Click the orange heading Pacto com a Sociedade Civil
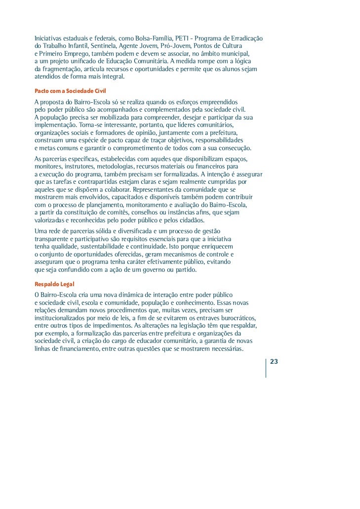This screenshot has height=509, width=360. click(70, 91)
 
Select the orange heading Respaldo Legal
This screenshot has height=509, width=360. click(53, 284)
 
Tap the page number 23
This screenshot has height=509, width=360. click(275, 361)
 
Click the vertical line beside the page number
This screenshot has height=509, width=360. click(266, 368)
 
